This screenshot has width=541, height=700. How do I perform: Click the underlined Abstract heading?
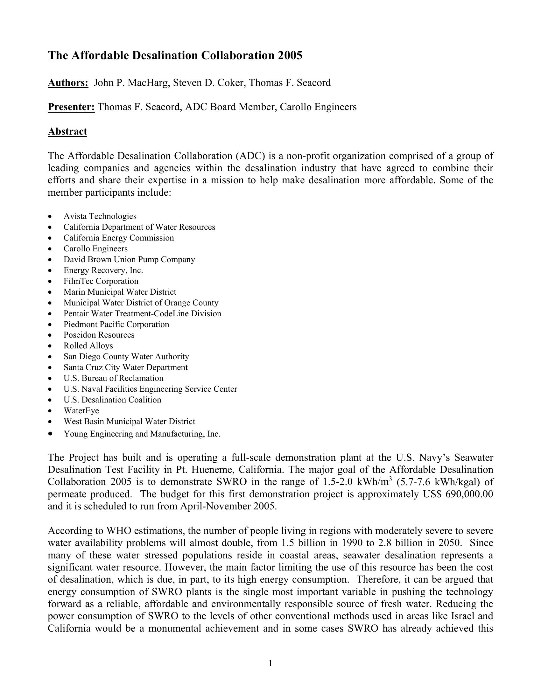click(67, 131)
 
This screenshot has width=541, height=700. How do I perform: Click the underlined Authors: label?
click(68, 83)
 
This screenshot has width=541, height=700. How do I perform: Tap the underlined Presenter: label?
click(71, 107)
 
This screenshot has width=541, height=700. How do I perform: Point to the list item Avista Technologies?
click(100, 216)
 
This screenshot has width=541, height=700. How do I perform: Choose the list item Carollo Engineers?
click(95, 249)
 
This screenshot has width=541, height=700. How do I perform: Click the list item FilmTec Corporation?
click(101, 281)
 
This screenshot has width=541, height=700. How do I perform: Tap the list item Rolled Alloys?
click(88, 346)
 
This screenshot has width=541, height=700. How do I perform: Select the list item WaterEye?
click(81, 410)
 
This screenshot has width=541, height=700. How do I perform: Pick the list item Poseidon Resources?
click(99, 335)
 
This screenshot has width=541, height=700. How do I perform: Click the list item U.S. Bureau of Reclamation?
click(114, 378)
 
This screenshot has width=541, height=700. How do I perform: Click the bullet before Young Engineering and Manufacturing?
click(50, 433)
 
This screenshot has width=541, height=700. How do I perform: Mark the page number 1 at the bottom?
click(270, 663)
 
